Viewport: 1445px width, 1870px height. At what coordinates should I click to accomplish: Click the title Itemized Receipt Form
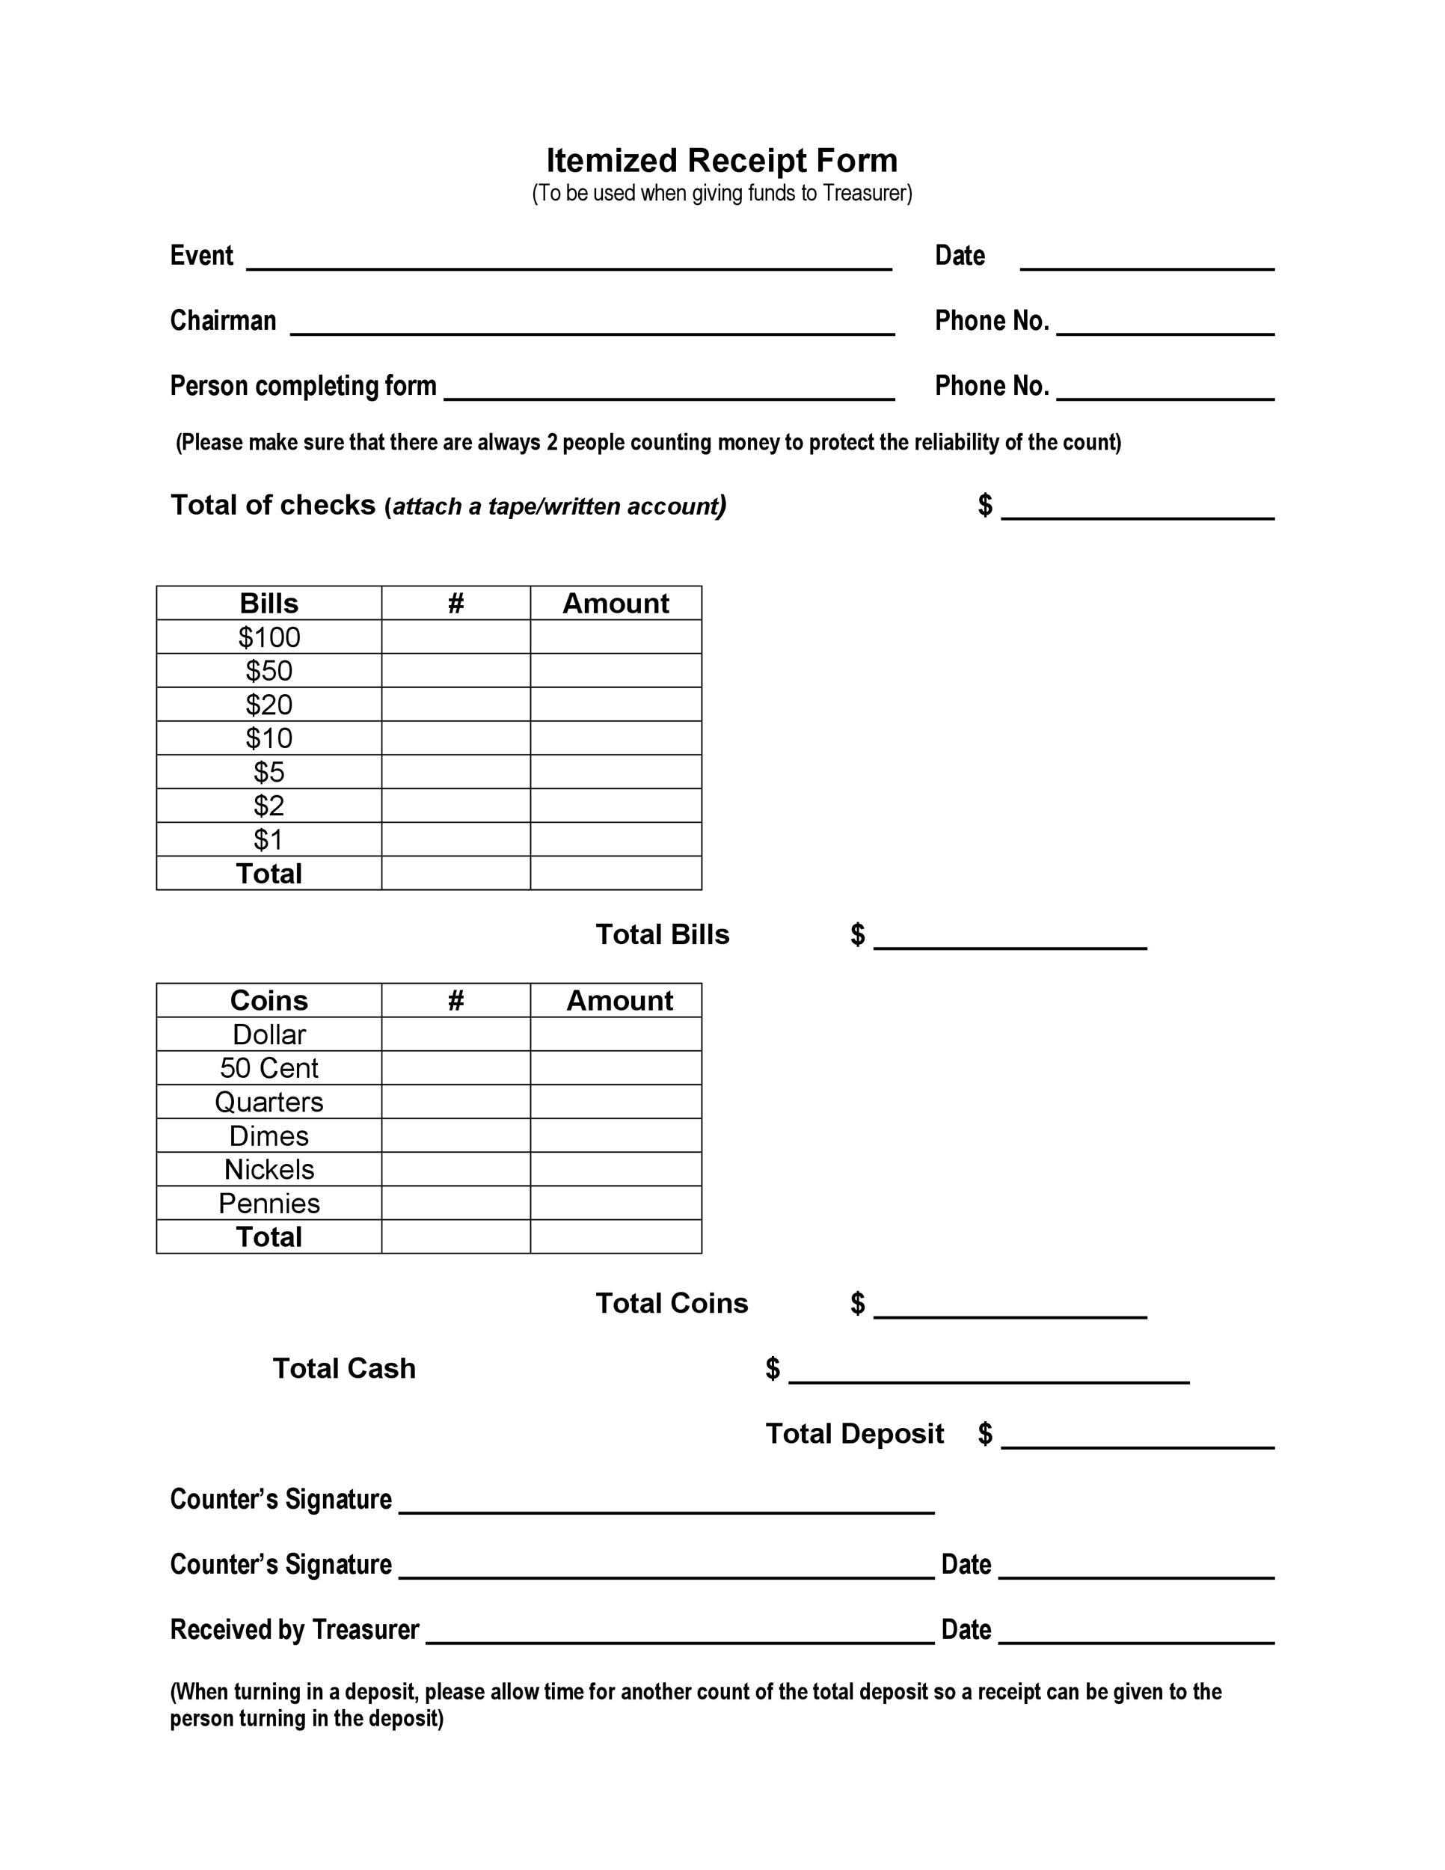coord(722,160)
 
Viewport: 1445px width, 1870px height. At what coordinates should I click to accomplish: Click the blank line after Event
coord(569,261)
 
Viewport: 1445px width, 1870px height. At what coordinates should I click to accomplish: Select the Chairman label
coord(223,320)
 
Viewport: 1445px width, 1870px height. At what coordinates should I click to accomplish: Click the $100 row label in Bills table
coord(269,637)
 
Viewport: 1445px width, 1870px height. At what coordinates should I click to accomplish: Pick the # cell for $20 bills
coord(455,705)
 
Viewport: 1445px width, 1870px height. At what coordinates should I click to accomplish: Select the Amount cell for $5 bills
coord(616,771)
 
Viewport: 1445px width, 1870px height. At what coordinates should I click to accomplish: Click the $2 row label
coord(269,806)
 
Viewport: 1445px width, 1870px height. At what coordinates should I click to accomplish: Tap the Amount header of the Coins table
coord(619,1000)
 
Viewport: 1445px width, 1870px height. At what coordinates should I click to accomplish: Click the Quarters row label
coord(269,1102)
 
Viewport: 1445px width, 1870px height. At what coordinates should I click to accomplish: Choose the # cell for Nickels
coord(455,1168)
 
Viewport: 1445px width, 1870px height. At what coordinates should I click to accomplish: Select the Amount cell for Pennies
coord(616,1203)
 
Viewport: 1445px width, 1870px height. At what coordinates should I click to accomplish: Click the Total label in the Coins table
coord(269,1236)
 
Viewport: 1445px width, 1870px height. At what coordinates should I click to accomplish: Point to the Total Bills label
coord(662,934)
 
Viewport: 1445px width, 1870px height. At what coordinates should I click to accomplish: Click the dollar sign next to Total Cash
coord(772,1368)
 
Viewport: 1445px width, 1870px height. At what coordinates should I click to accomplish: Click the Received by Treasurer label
coord(295,1629)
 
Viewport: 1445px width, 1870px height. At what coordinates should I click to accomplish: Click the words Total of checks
coord(272,505)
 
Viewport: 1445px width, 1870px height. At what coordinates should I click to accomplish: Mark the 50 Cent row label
coord(269,1067)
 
